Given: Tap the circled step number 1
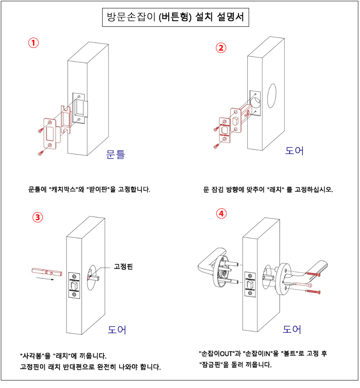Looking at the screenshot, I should pyautogui.click(x=33, y=43).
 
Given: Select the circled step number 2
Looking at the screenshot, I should pyautogui.click(x=221, y=47).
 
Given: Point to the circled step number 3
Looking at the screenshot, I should pyautogui.click(x=38, y=217).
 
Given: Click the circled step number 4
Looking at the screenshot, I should pyautogui.click(x=221, y=213).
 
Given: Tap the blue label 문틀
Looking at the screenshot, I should pyautogui.click(x=116, y=154).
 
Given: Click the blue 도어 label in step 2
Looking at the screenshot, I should pyautogui.click(x=295, y=151).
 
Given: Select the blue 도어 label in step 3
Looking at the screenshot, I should pyautogui.click(x=117, y=329).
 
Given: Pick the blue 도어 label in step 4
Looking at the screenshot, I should pyautogui.click(x=292, y=329).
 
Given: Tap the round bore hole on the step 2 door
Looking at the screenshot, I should pyautogui.click(x=272, y=97).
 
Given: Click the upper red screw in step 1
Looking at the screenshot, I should pyautogui.click(x=41, y=131).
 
